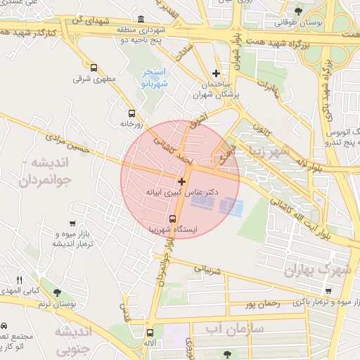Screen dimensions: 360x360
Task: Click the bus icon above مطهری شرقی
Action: [94, 68]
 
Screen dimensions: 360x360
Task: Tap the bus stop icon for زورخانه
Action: [131, 112]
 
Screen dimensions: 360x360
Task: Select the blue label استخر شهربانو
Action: [154, 77]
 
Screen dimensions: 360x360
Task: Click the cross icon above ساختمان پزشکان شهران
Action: [216, 73]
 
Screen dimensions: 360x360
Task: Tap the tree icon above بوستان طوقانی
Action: [300, 11]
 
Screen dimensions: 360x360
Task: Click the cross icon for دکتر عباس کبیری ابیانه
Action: [182, 181]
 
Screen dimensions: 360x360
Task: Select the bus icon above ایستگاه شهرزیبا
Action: [174, 218]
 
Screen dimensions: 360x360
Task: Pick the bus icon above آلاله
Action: [149, 333]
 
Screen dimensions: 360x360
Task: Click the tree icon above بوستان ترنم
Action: [57, 292]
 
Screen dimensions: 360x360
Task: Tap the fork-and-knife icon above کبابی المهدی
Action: [20, 279]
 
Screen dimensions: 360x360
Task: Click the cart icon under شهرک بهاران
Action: [328, 291]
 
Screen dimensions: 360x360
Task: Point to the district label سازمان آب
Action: [235, 328]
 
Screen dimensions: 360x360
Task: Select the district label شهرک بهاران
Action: [313, 270]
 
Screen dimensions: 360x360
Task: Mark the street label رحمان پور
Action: [258, 304]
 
